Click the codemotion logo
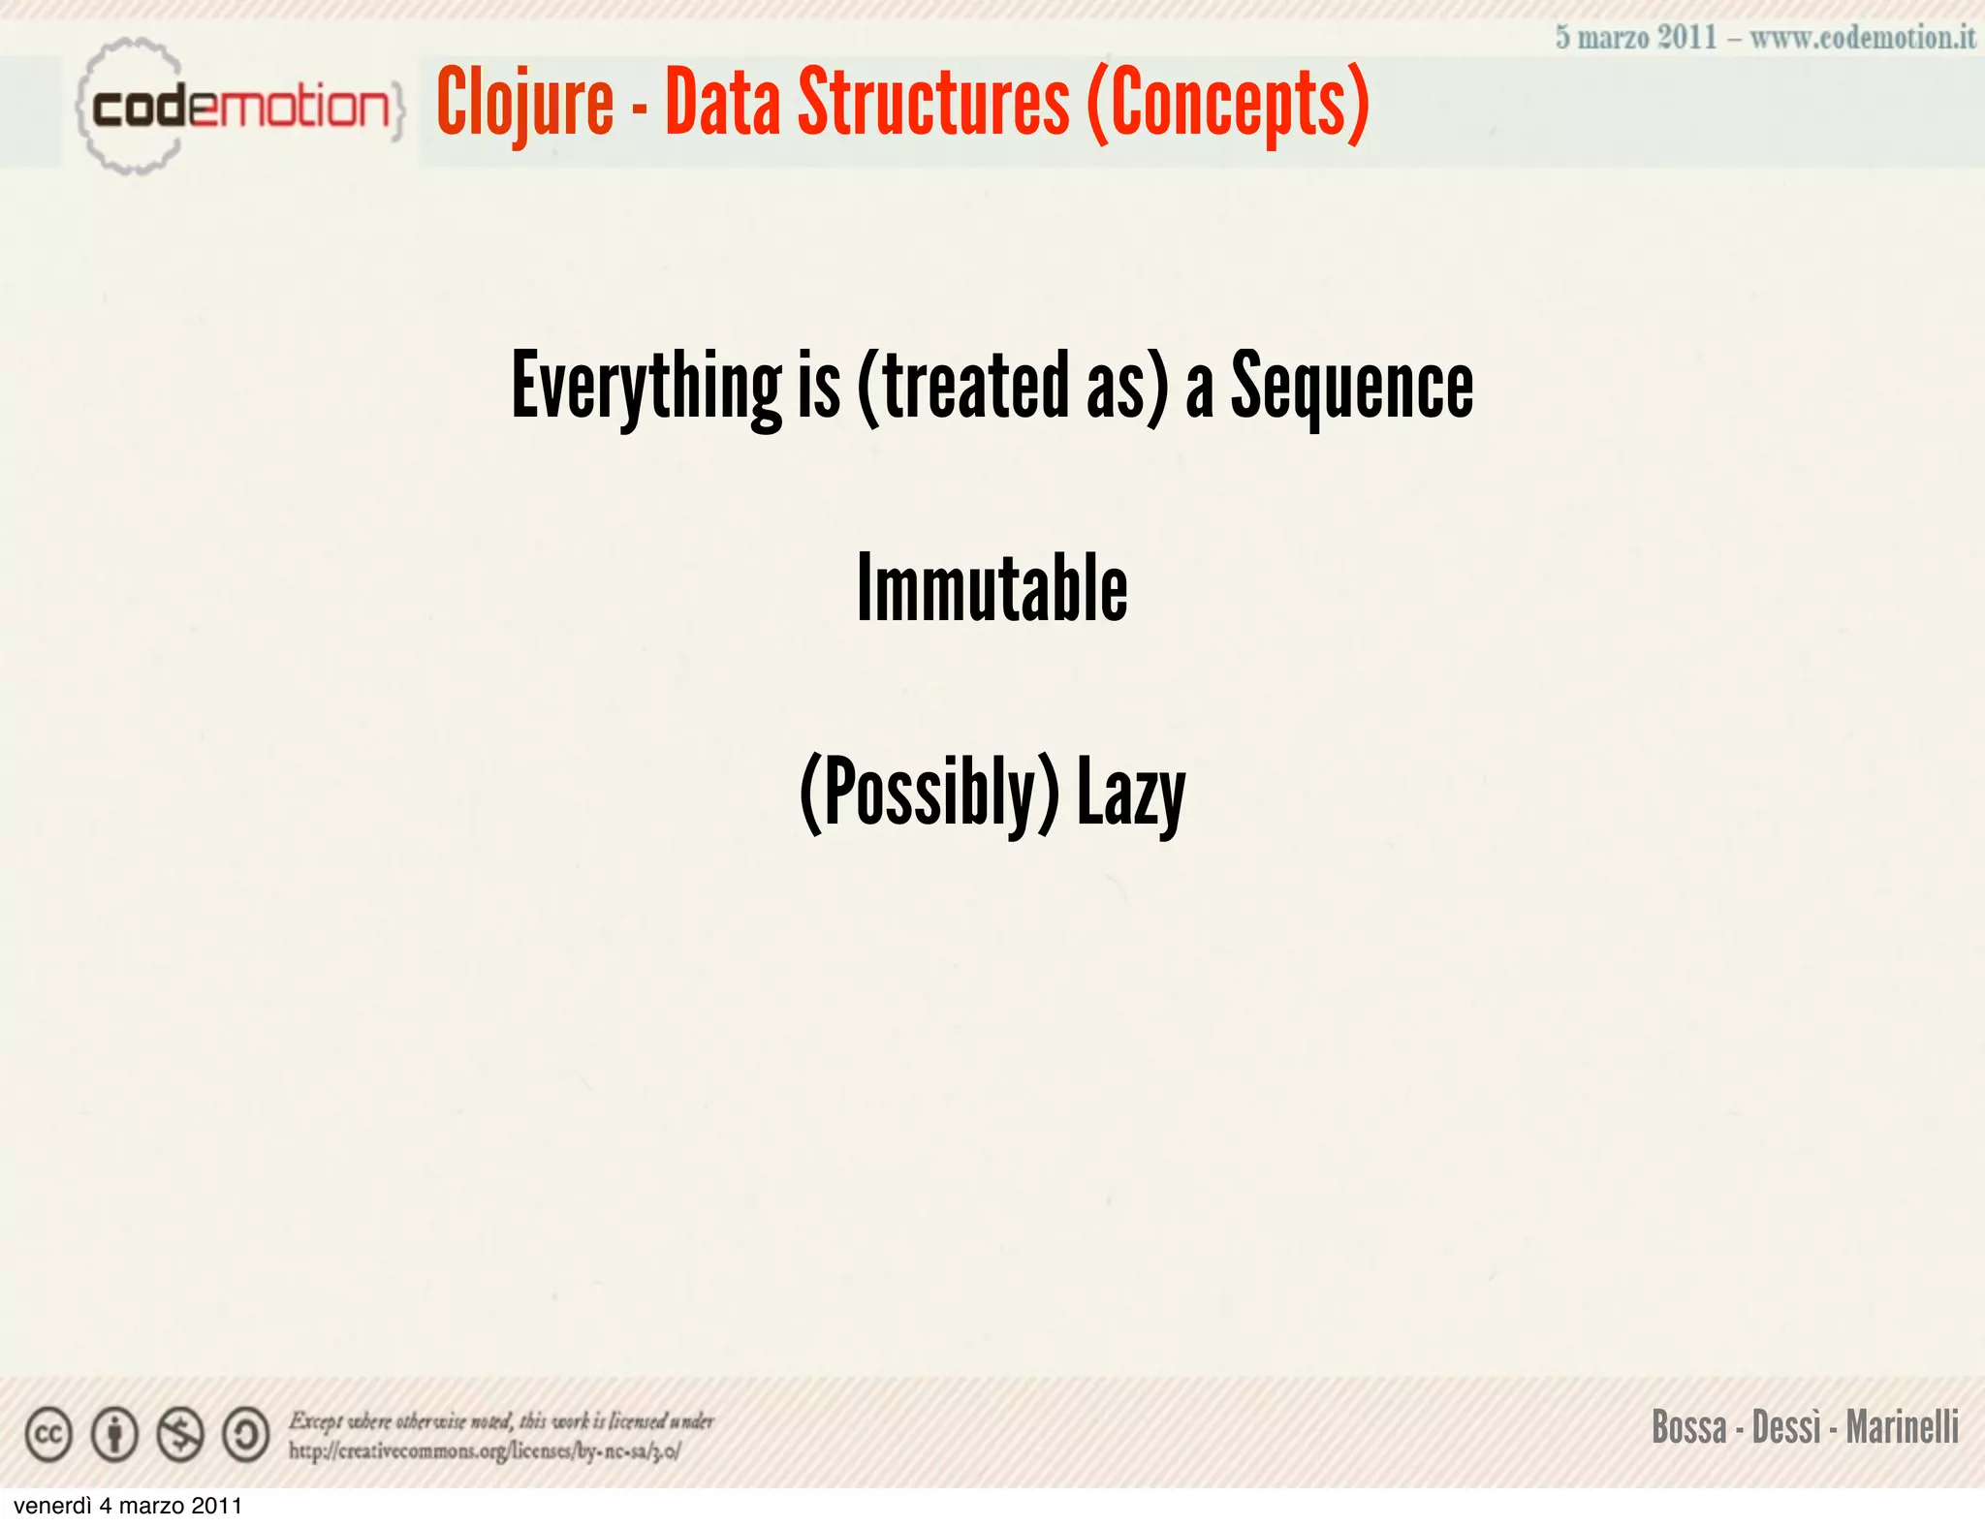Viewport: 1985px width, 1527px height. (x=237, y=107)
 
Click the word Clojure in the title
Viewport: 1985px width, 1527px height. (x=524, y=105)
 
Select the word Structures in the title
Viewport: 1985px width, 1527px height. (x=932, y=103)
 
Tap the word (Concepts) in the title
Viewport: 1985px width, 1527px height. (x=1228, y=105)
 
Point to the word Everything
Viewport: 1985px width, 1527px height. (x=646, y=387)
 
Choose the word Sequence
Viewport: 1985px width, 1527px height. (x=1351, y=387)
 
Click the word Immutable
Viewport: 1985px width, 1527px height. (x=992, y=588)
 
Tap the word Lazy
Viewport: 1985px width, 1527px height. (x=1131, y=794)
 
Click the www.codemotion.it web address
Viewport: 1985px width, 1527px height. (x=1862, y=38)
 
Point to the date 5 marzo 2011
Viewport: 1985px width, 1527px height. (x=1636, y=38)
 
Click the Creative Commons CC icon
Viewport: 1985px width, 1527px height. (x=48, y=1435)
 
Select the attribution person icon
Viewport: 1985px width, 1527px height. (x=114, y=1435)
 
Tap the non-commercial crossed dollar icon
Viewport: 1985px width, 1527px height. (x=180, y=1435)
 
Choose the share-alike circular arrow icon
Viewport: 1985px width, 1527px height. (x=246, y=1435)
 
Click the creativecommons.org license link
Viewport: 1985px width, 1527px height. (x=485, y=1450)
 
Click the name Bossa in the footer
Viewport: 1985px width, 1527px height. (x=1689, y=1427)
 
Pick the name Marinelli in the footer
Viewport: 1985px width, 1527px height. (x=1902, y=1427)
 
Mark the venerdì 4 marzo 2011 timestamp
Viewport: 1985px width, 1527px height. (x=128, y=1506)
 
